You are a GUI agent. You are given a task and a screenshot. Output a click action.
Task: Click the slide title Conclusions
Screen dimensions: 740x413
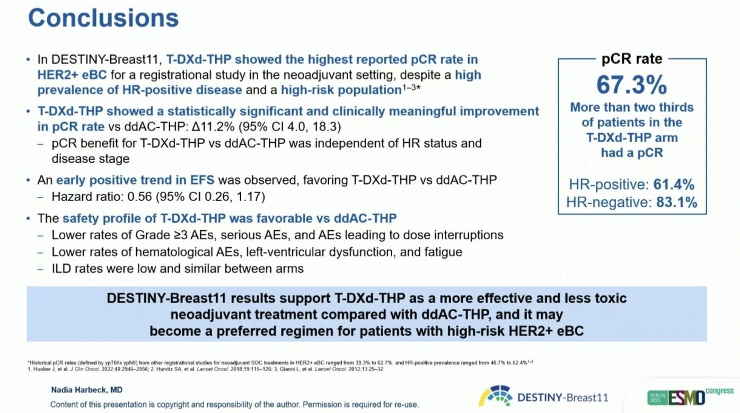coord(103,17)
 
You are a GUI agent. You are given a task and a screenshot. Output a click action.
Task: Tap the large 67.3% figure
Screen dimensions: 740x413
coord(632,85)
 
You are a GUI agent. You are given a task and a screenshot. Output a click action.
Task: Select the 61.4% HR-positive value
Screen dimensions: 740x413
coord(674,184)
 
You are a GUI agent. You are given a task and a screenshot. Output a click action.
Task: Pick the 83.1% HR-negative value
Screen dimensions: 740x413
coord(676,202)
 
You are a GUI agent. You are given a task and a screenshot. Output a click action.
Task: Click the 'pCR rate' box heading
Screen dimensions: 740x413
coord(632,59)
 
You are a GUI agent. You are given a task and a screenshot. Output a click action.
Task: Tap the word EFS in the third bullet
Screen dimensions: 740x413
coord(202,180)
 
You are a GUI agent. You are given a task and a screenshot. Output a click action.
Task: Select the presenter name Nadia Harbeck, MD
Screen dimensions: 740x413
coord(87,390)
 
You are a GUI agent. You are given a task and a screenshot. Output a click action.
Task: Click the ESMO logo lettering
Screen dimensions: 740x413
coord(686,398)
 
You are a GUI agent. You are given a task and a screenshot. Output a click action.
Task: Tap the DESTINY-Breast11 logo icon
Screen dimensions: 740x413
coord(496,396)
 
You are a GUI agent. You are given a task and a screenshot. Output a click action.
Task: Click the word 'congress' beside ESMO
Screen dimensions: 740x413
coord(719,391)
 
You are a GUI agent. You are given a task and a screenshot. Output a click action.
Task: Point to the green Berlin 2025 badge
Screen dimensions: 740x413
coord(658,398)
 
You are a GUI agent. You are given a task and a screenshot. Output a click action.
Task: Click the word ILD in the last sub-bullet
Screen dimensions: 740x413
coord(61,269)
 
